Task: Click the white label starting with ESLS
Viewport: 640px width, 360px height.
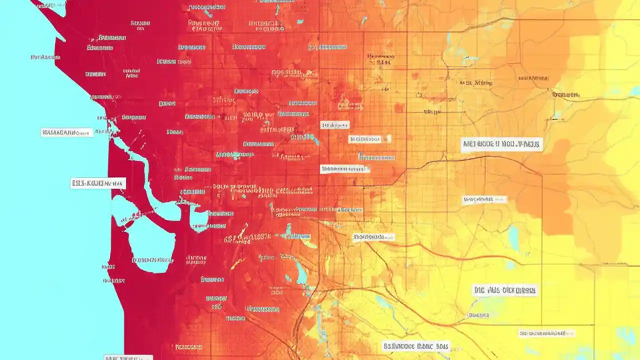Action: click(x=98, y=183)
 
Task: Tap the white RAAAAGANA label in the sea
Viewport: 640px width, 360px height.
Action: click(x=66, y=132)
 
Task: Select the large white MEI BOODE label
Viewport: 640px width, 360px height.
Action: click(x=501, y=145)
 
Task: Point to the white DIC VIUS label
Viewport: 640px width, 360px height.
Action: click(x=504, y=290)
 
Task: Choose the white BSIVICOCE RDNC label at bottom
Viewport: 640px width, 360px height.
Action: click(x=416, y=346)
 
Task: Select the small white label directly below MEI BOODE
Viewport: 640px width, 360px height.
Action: click(x=484, y=199)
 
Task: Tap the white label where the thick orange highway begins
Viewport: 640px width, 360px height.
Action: click(x=373, y=237)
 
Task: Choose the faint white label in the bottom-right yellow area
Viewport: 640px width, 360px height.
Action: click(x=547, y=333)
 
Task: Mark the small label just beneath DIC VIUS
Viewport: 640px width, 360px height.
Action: click(x=478, y=315)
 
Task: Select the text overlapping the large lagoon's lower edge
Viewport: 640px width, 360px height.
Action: click(x=152, y=260)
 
